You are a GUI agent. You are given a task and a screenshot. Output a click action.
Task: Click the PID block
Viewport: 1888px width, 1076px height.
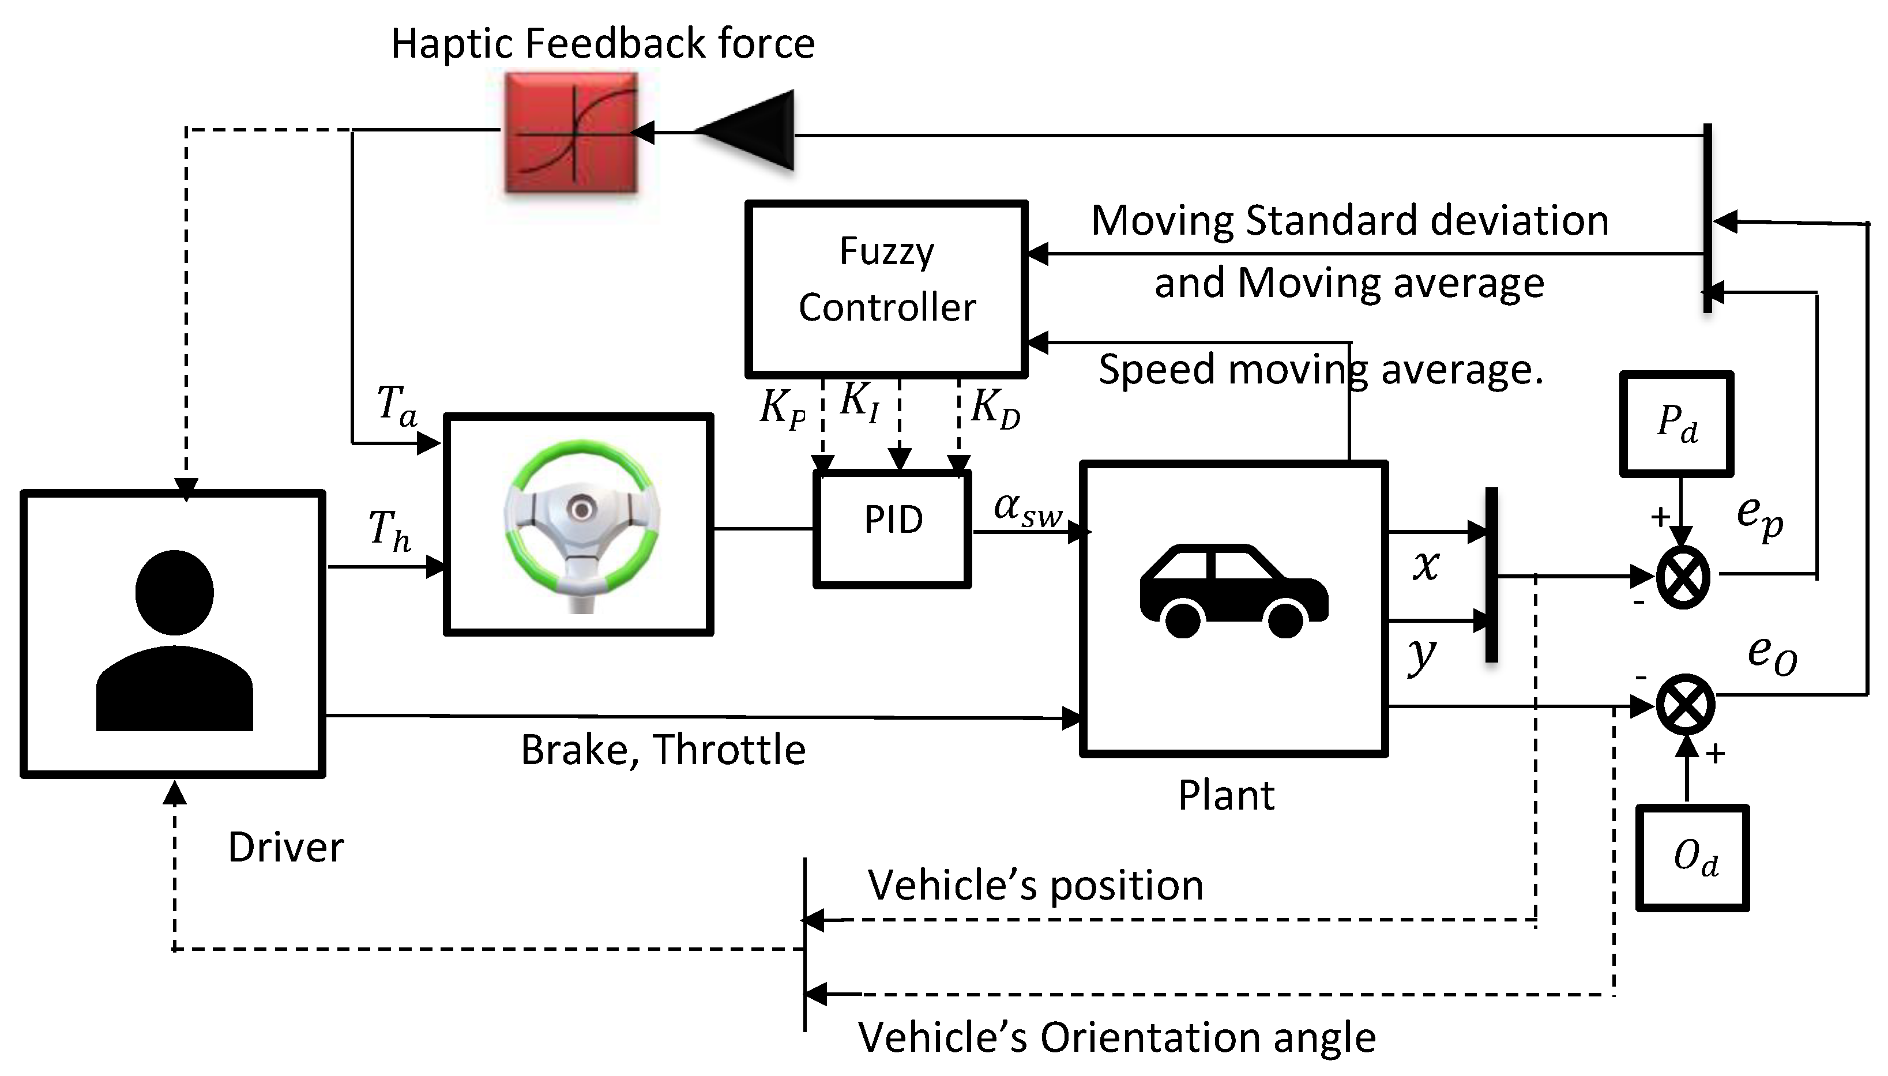892,528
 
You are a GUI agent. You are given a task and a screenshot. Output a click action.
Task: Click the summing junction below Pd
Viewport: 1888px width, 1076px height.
1683,577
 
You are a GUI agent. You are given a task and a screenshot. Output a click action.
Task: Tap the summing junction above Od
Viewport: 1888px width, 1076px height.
1686,703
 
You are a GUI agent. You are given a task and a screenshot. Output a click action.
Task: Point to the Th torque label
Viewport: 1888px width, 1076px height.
389,531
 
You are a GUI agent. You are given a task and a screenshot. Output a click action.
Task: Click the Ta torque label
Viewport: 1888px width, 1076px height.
396,405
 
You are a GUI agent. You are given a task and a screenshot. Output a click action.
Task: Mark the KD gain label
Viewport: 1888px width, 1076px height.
995,407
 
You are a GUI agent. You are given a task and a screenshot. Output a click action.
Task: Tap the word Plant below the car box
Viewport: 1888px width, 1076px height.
1226,796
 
